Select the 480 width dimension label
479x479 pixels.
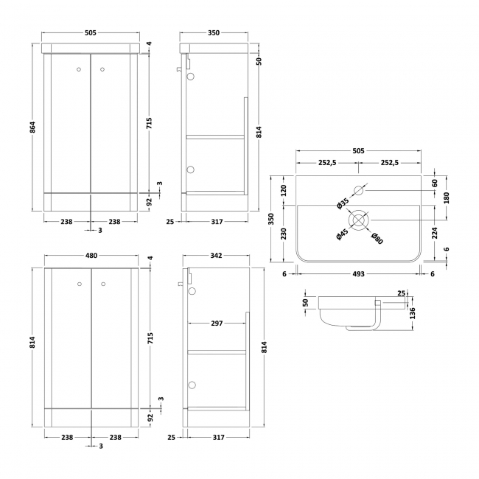click(x=91, y=256)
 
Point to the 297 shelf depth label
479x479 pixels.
click(x=217, y=323)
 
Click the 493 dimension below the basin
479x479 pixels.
click(x=358, y=273)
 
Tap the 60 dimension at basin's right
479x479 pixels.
click(x=434, y=183)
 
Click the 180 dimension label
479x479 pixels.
click(x=447, y=197)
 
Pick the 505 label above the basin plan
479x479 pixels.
click(x=358, y=151)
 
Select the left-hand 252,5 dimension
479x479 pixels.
click(x=326, y=162)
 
